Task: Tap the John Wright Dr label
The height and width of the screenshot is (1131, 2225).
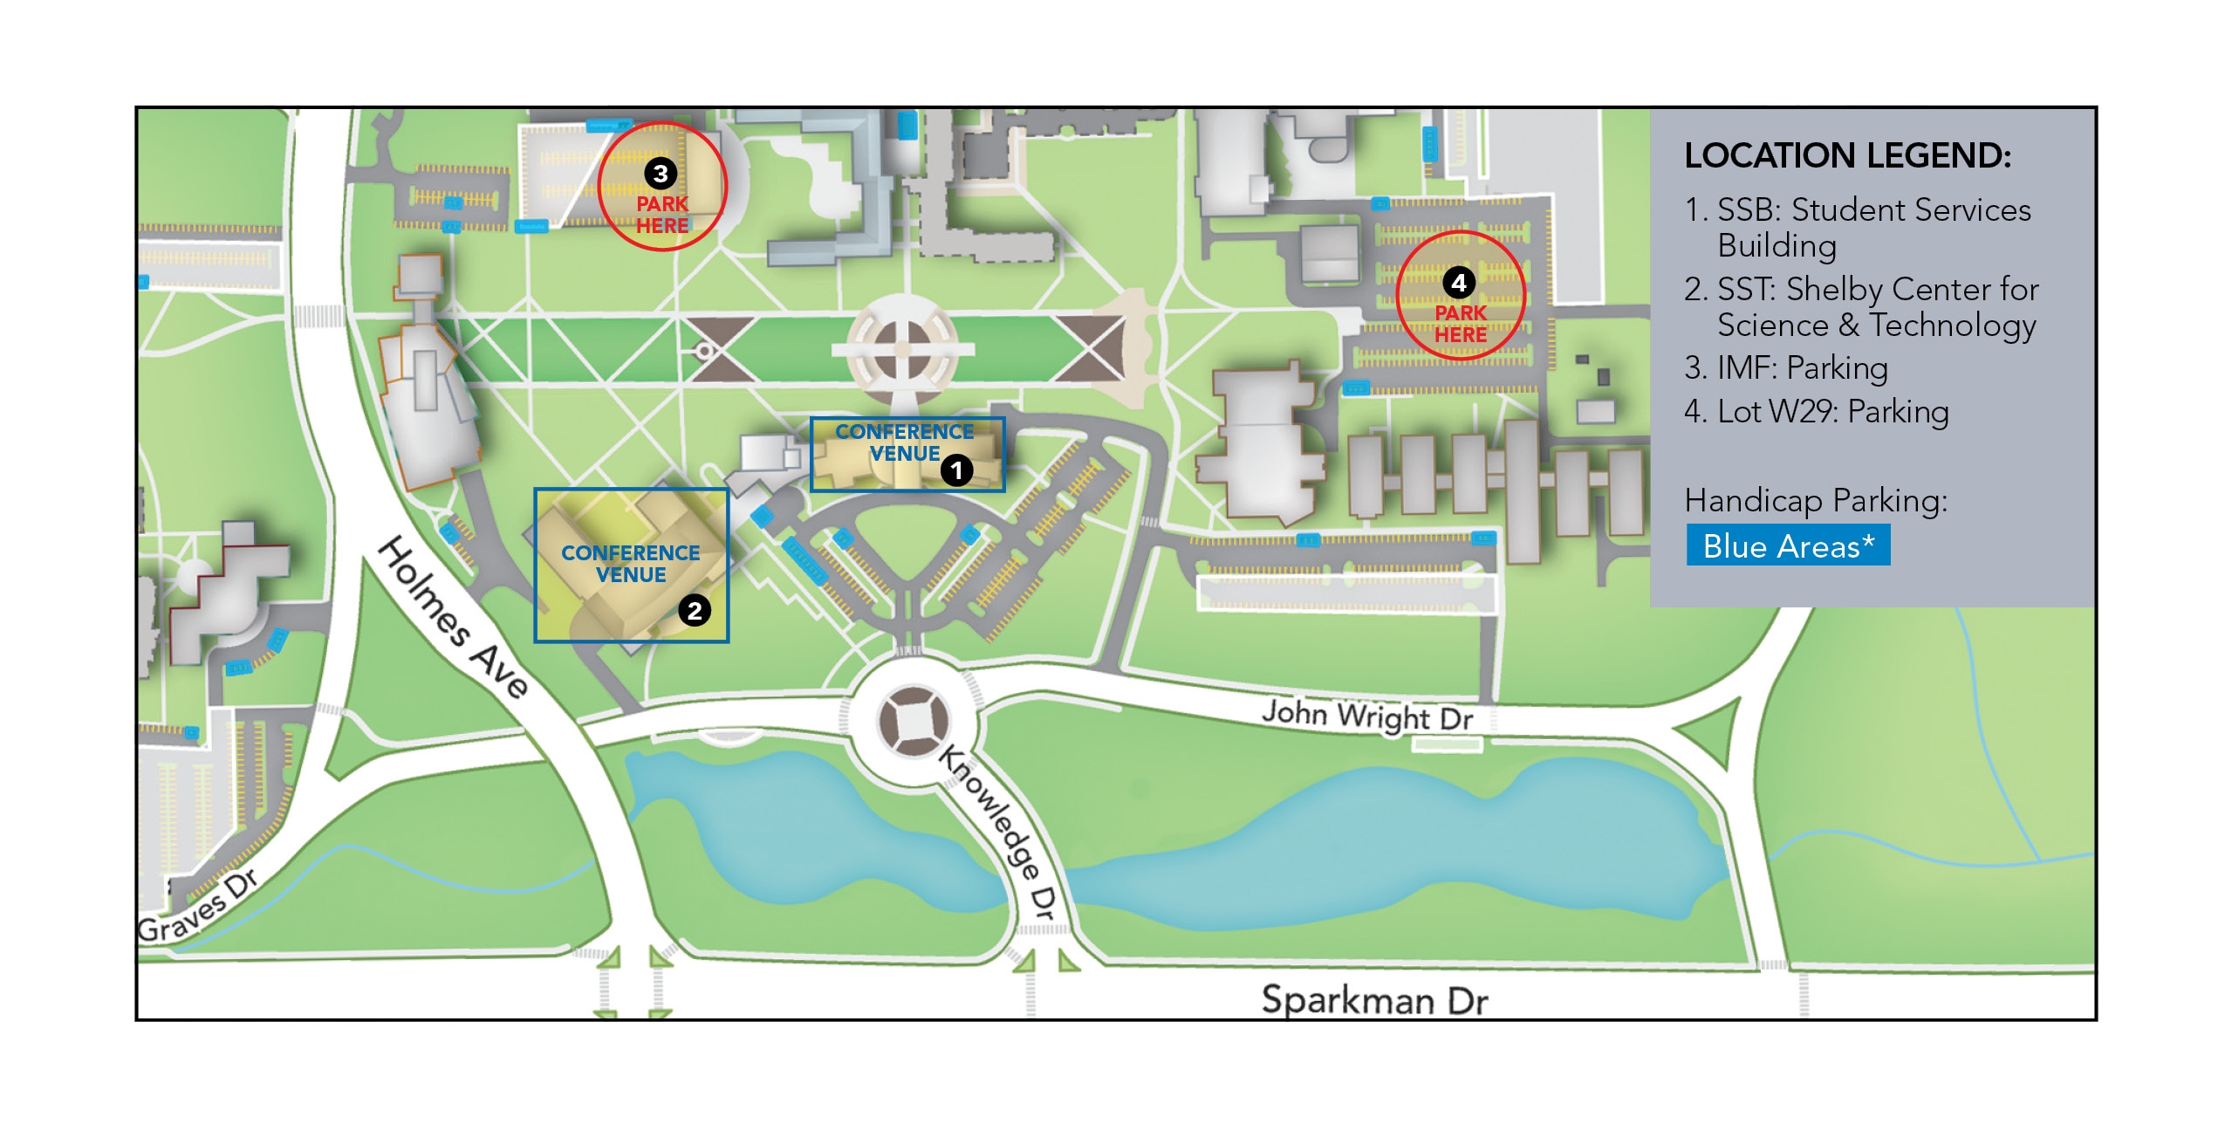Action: coord(1366,716)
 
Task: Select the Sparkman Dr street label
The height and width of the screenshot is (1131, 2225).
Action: coord(1374,1000)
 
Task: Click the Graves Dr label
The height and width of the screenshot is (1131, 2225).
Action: coord(199,908)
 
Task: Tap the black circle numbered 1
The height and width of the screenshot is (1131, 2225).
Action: coord(956,471)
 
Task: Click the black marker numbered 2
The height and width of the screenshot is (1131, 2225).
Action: coord(695,610)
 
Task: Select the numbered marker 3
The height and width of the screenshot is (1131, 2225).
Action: coord(661,174)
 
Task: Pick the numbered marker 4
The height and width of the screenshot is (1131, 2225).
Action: coord(1459,283)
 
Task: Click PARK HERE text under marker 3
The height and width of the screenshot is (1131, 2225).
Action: coord(662,215)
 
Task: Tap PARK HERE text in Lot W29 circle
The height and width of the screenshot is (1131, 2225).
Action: coord(1461,324)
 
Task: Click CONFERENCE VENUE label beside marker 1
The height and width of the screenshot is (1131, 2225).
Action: coord(905,442)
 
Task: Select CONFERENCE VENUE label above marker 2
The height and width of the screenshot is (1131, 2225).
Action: coord(630,564)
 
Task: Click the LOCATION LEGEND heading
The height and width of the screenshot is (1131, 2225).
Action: coord(1847,156)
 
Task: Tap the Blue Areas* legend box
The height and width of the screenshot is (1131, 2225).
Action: coord(1788,545)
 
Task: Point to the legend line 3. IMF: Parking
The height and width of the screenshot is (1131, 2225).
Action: coord(1785,368)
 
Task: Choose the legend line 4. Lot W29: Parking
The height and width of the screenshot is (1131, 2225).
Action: coord(1816,412)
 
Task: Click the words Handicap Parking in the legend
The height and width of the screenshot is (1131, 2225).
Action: coord(1815,501)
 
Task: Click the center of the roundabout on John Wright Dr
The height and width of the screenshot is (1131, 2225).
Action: coord(913,722)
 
